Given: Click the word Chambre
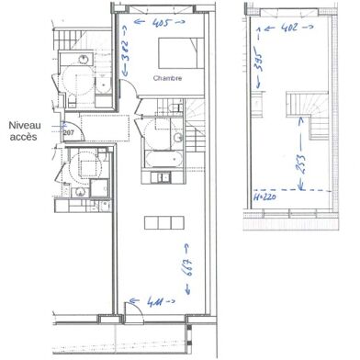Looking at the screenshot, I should [x=168, y=79].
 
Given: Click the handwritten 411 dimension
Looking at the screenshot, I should [x=148, y=300].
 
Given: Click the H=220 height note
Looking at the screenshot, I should [x=264, y=196].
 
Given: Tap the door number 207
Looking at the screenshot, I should [x=67, y=133].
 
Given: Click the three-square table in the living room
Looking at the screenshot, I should [x=158, y=222].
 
